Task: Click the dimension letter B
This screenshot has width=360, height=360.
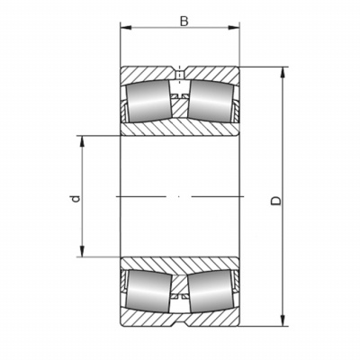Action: (x=184, y=22)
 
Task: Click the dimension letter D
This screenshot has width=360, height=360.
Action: (x=276, y=201)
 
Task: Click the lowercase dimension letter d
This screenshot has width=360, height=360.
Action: (x=76, y=199)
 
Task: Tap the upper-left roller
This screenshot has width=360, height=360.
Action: (x=148, y=102)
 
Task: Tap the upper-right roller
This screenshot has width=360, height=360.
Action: (x=211, y=101)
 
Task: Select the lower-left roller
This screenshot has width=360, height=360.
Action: (x=148, y=292)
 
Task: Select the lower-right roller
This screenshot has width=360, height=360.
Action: (x=211, y=292)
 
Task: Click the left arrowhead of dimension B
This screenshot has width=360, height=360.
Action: (x=126, y=28)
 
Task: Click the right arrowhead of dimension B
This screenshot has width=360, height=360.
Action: (x=234, y=28)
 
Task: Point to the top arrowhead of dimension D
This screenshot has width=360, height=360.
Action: (x=283, y=73)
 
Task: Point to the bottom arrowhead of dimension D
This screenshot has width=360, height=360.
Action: (x=283, y=320)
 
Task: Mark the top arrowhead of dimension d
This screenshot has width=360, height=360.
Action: (x=82, y=142)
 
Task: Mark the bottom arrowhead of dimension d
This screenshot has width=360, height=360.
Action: (x=82, y=251)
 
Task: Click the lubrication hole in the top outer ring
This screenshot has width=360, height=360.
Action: (x=180, y=73)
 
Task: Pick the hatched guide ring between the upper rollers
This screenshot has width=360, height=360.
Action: (x=180, y=107)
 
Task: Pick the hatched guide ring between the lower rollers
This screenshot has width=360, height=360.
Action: (x=180, y=285)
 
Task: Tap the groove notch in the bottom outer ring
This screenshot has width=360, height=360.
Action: (x=180, y=324)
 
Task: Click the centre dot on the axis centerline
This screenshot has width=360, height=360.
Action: (x=179, y=196)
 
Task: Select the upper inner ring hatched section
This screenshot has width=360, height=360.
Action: (x=180, y=128)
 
